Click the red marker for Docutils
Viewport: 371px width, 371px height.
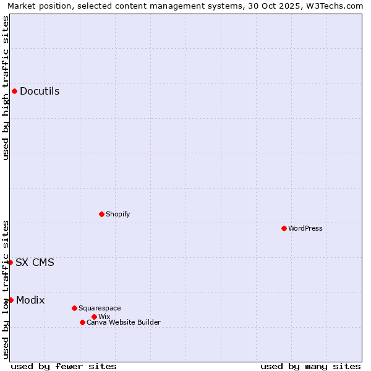(x=14, y=92)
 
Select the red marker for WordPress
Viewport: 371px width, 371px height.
(x=284, y=228)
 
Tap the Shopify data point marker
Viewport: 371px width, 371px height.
(x=101, y=214)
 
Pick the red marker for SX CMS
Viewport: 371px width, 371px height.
(x=11, y=262)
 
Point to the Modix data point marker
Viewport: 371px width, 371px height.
(x=11, y=300)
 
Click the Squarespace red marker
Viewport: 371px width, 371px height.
(x=74, y=308)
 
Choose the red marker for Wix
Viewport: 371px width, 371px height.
(x=94, y=317)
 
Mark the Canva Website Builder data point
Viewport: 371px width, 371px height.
(x=82, y=322)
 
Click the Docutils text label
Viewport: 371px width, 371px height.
(x=40, y=92)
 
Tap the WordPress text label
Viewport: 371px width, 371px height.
(x=305, y=228)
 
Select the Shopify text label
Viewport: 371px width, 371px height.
(x=118, y=214)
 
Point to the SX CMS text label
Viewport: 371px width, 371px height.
(x=35, y=262)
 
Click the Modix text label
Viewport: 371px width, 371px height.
(x=30, y=300)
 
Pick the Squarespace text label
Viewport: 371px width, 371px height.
(x=100, y=308)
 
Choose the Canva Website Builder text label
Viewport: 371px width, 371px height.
(x=124, y=322)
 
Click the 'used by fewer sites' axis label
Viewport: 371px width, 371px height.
(x=64, y=366)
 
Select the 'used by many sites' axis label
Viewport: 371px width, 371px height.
(x=310, y=366)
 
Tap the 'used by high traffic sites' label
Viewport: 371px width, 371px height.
(x=6, y=88)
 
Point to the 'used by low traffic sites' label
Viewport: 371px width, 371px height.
(x=6, y=289)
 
